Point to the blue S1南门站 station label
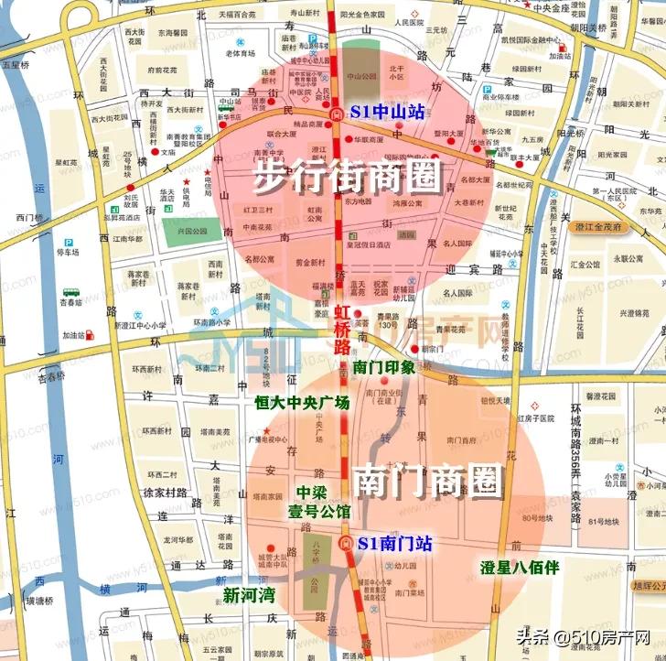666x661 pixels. point(395,543)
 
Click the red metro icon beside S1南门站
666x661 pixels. point(345,544)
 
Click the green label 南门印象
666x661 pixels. point(384,366)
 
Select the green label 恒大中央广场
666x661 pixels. point(302,402)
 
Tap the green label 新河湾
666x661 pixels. point(249,595)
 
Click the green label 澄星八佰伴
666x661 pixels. point(520,567)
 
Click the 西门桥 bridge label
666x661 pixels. point(29,217)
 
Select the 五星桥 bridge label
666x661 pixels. point(16,65)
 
